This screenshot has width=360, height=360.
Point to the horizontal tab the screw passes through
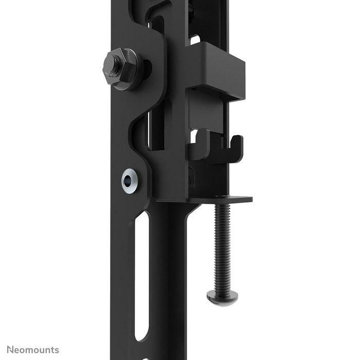tap(226, 199)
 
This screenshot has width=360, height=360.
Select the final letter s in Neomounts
tap(57, 350)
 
